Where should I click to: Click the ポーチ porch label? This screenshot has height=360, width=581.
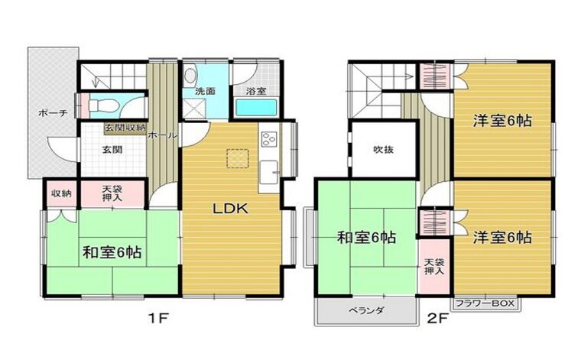click(x=52, y=113)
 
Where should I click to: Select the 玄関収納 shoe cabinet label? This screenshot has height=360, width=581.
click(x=125, y=128)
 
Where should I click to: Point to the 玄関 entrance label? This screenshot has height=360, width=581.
click(x=112, y=150)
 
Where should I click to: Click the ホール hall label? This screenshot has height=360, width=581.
click(x=162, y=135)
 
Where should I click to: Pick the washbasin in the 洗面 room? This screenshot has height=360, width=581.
click(x=190, y=75)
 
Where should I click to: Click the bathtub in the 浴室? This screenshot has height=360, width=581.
click(x=257, y=108)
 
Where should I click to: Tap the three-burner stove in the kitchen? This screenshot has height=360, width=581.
click(x=269, y=139)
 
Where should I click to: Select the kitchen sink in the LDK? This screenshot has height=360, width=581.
click(x=268, y=172)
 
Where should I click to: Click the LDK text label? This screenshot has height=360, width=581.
click(x=230, y=209)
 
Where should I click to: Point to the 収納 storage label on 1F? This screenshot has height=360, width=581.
click(x=61, y=193)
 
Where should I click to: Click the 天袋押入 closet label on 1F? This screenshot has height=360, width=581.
click(x=112, y=193)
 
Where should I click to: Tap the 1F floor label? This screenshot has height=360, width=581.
click(x=159, y=318)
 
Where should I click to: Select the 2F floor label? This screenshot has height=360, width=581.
click(x=437, y=318)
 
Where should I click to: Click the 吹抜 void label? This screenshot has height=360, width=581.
click(x=383, y=150)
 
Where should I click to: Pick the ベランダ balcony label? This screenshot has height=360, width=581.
click(x=365, y=310)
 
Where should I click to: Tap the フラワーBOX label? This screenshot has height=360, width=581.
click(x=485, y=303)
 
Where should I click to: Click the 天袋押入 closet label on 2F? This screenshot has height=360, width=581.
click(x=434, y=267)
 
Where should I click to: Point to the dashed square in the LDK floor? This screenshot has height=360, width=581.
click(x=238, y=158)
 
